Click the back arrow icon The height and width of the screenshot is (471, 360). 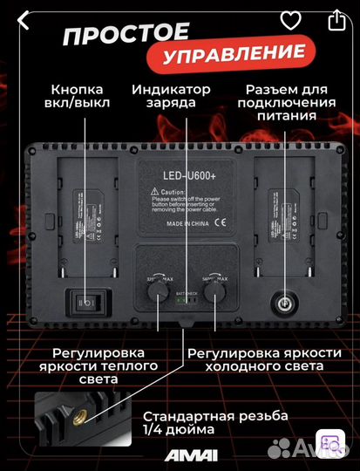[24, 18]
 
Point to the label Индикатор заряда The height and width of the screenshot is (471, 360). [172, 97]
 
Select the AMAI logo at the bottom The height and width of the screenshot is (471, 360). [180, 455]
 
